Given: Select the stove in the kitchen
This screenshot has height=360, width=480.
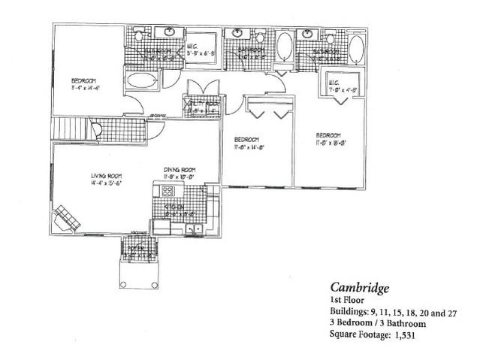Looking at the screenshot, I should click(168, 189).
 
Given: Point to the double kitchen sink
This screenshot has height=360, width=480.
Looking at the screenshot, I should click(193, 228).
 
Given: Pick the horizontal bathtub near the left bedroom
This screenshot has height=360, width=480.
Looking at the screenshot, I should click(137, 81).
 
